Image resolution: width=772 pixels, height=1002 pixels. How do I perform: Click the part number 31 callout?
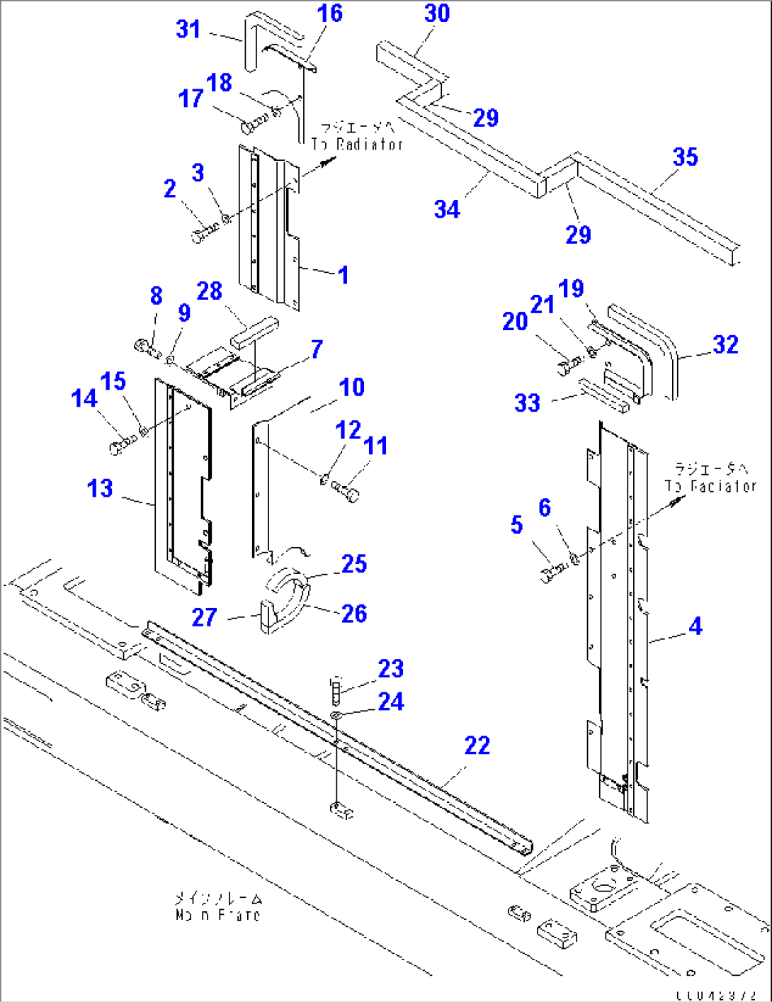pos(188,29)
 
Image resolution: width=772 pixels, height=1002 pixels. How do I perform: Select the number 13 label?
pos(100,488)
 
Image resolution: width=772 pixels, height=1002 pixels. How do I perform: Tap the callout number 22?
pos(477,745)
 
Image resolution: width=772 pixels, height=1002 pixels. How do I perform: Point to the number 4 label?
pos(696,626)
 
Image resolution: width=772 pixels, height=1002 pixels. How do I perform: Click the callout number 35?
pos(685,157)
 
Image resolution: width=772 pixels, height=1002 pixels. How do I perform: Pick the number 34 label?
pos(447,209)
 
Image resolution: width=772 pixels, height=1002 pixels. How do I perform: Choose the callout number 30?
pos(437,13)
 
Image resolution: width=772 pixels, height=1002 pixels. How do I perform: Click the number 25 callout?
pos(354,564)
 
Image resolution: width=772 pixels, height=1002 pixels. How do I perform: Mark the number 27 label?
pos(204,617)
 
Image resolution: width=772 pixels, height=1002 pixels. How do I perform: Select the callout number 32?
pos(725,344)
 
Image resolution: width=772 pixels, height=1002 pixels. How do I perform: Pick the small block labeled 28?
pos(254,332)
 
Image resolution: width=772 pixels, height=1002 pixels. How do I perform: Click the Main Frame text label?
pos(217,907)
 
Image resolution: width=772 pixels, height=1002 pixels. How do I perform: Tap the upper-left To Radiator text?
pos(358,136)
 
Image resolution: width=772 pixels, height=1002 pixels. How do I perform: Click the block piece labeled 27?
pos(267,615)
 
